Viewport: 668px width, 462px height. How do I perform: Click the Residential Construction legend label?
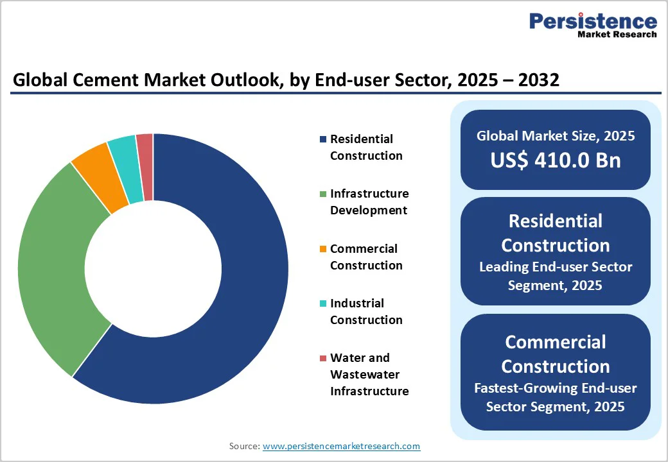tap(365, 148)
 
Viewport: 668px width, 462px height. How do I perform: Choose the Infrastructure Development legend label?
tap(369, 202)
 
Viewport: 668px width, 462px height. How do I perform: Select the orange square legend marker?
tap(324, 249)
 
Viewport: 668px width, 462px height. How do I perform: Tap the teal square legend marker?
tap(324, 304)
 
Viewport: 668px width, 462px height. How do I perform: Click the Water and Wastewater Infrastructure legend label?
tap(369, 374)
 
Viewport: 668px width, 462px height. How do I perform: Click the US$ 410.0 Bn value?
tap(556, 160)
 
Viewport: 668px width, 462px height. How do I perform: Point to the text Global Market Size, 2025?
tap(556, 136)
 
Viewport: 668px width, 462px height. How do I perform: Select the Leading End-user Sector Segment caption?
tap(556, 276)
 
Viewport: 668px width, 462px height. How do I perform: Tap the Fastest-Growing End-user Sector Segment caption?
tap(556, 397)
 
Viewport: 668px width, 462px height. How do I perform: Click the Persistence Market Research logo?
tap(592, 26)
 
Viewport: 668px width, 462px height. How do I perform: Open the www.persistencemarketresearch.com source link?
tap(341, 446)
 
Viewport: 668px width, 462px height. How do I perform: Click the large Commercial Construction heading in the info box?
tap(556, 354)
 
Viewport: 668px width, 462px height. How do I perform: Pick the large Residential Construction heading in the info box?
tap(556, 233)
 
